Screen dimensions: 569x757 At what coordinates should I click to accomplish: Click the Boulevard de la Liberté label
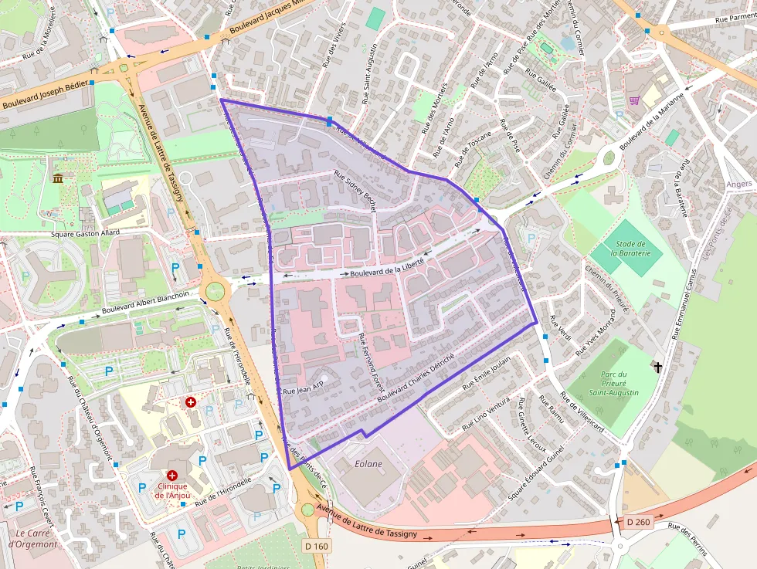point(387,267)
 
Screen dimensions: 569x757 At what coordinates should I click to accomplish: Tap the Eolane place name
point(368,464)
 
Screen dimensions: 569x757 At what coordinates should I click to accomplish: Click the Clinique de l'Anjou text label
point(172,490)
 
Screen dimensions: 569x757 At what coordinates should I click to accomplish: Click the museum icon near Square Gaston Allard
point(58,179)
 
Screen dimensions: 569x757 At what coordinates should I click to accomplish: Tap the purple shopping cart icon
point(634,100)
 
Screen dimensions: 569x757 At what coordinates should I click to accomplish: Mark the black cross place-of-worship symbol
point(657,367)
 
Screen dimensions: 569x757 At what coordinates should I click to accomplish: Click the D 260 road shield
point(638,523)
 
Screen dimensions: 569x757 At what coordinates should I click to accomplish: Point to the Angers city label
point(740,185)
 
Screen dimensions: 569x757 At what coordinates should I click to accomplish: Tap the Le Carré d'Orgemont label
point(32,538)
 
